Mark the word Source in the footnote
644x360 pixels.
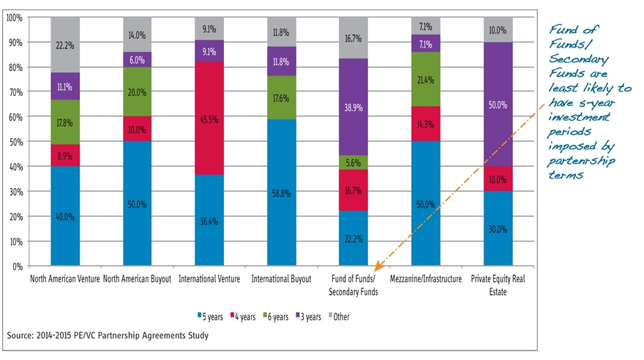(x=21, y=335)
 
